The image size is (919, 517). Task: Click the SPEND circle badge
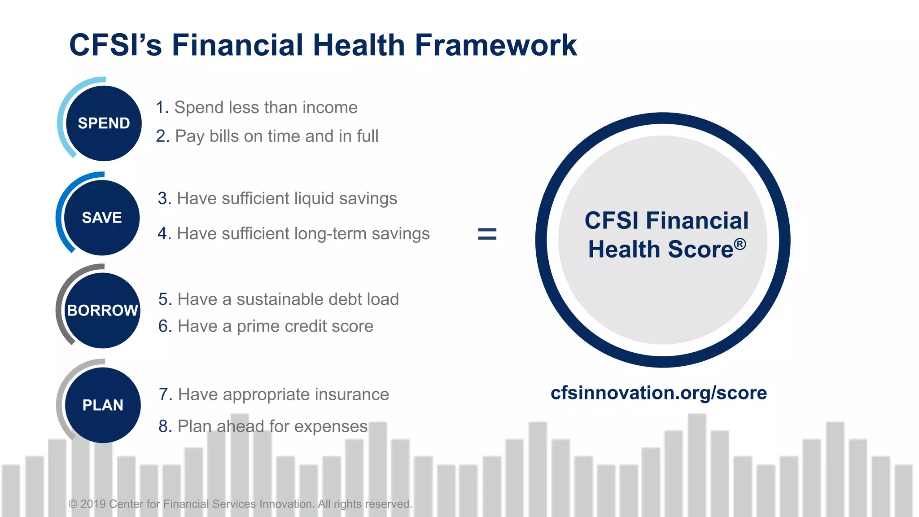pyautogui.click(x=104, y=123)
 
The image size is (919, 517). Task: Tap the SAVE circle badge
pyautogui.click(x=102, y=218)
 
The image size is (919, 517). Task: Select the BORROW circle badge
pyautogui.click(x=102, y=310)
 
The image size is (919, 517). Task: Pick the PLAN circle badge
pyautogui.click(x=103, y=405)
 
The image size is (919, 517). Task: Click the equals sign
pyautogui.click(x=487, y=234)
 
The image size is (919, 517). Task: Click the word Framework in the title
pyautogui.click(x=496, y=45)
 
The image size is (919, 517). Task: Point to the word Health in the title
pyautogui.click(x=359, y=45)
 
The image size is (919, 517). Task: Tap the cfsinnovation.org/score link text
pyautogui.click(x=658, y=393)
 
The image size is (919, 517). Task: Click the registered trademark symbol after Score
pyautogui.click(x=740, y=244)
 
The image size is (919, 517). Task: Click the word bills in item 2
pyautogui.click(x=224, y=136)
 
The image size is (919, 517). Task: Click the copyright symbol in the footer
pyautogui.click(x=73, y=504)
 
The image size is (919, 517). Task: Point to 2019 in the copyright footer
pyautogui.click(x=93, y=504)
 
